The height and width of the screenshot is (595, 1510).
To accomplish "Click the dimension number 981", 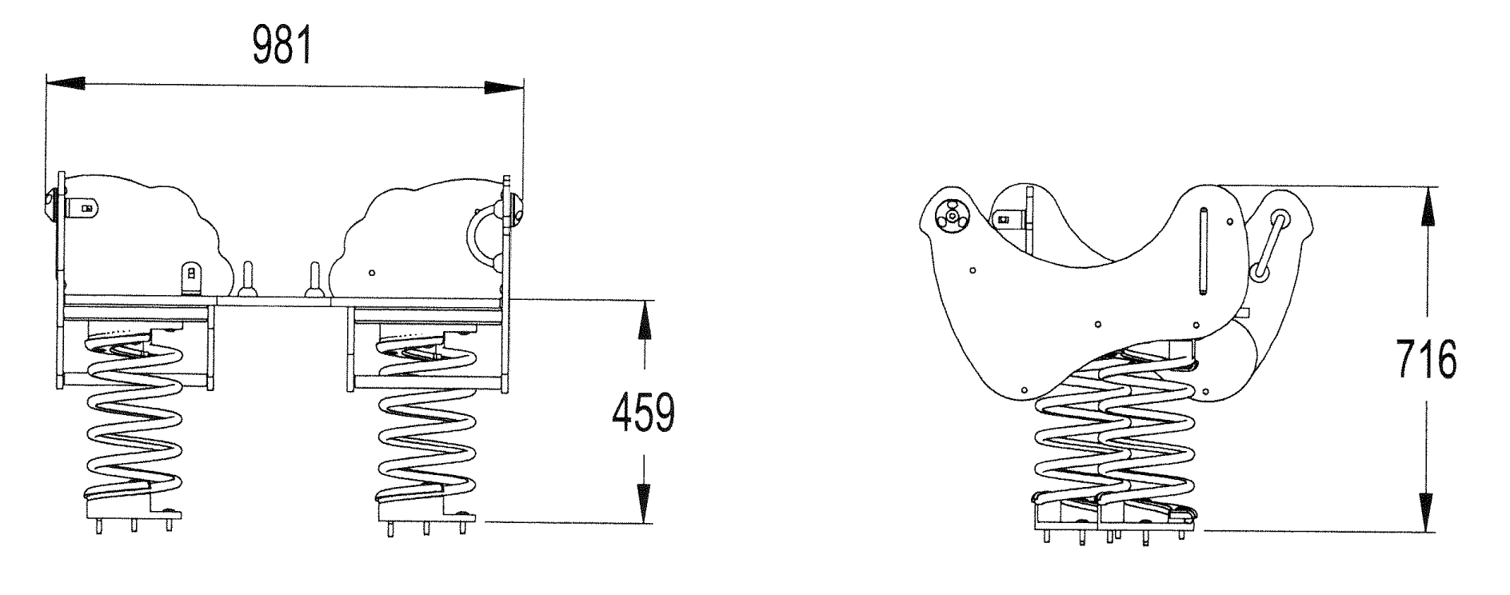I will click(x=282, y=46).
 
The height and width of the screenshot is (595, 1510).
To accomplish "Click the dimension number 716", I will click(x=1426, y=361).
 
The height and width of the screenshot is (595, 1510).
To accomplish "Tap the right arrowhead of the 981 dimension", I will click(x=504, y=88).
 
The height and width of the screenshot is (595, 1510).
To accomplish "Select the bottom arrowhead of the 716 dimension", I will click(x=1425, y=512).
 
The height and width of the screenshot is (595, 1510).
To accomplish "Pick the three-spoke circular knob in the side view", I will click(x=952, y=215).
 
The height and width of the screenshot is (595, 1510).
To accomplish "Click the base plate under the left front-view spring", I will click(x=132, y=508).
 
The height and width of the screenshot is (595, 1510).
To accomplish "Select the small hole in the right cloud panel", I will click(x=372, y=273).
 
